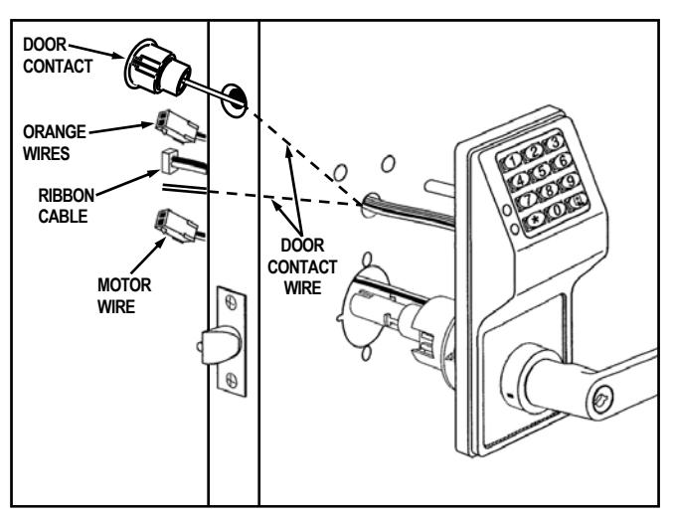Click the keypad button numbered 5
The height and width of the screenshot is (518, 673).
click(542, 170)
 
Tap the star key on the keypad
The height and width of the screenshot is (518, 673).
click(535, 220)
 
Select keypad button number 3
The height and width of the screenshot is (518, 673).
click(555, 141)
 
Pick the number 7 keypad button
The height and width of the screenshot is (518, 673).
click(528, 199)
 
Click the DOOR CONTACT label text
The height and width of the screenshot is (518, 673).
click(58, 56)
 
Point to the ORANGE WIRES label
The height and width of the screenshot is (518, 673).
click(54, 142)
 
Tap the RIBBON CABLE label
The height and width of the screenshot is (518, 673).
click(66, 206)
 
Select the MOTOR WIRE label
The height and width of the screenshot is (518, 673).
click(124, 295)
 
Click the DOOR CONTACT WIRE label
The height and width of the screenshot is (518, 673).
click(302, 266)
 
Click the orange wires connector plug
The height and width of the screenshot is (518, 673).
click(176, 126)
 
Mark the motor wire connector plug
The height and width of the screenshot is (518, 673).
click(176, 226)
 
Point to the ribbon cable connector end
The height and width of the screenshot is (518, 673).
click(169, 161)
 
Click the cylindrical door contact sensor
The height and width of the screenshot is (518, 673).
click(157, 69)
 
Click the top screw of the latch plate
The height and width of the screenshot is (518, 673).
click(231, 302)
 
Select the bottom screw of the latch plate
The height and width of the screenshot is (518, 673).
click(231, 380)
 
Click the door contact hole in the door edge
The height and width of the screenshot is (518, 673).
click(235, 100)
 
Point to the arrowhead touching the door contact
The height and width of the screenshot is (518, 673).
click(118, 56)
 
